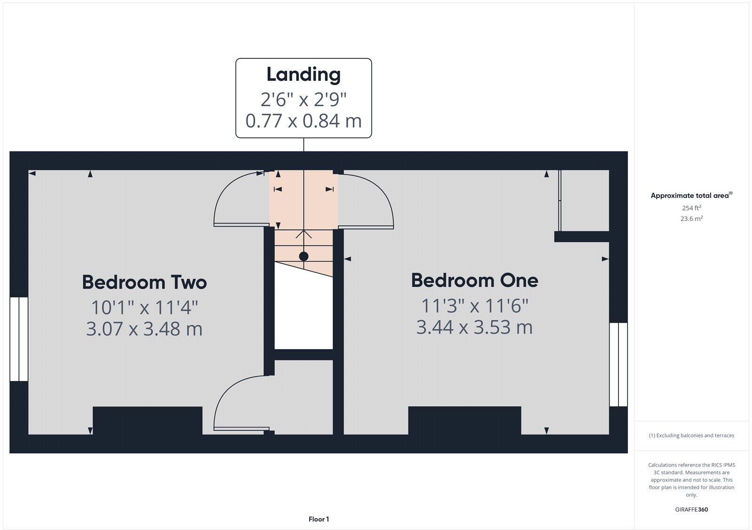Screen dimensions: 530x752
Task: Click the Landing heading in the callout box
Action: (303, 75)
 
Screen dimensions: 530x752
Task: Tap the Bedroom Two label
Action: (144, 282)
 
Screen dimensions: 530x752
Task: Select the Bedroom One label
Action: (474, 281)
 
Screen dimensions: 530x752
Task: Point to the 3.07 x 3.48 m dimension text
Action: (144, 329)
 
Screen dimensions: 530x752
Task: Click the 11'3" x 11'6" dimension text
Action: (474, 306)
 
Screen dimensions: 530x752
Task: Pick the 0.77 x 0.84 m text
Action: (303, 121)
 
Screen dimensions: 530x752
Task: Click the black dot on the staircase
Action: (304, 257)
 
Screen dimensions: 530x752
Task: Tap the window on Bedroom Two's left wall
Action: (19, 339)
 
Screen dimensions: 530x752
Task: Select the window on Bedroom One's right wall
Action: (618, 364)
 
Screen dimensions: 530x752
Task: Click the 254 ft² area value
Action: (691, 208)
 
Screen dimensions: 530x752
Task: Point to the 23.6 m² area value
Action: (691, 218)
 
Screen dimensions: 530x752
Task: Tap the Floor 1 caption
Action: (319, 519)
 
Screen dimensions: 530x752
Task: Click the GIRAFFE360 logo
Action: (691, 509)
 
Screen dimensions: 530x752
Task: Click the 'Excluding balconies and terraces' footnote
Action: (691, 436)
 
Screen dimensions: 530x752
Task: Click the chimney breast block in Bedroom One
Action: (464, 420)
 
